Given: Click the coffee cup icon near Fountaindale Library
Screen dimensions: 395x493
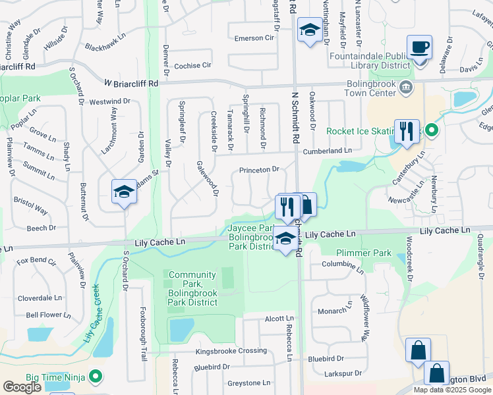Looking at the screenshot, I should tap(419, 48).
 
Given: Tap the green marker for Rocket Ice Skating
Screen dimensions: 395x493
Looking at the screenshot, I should tap(431, 130).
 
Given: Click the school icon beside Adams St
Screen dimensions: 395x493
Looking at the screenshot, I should tap(123, 192).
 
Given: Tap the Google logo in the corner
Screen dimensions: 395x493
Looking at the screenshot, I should tap(22, 387).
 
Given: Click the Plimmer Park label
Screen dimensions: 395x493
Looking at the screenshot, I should tap(363, 253).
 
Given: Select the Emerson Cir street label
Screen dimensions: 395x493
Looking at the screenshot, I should tap(254, 38).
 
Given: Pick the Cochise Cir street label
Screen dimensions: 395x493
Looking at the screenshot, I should tap(192, 66).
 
